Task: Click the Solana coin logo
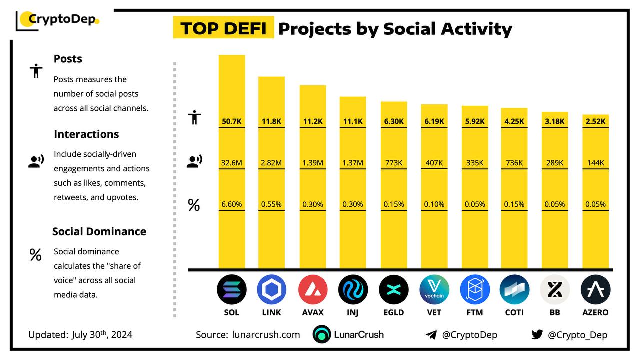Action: (232, 290)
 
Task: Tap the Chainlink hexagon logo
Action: (272, 290)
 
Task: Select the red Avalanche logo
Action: (313, 290)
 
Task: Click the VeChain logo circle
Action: (434, 290)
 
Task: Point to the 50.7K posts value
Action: (232, 121)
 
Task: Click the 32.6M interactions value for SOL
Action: (232, 162)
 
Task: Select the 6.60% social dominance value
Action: (232, 204)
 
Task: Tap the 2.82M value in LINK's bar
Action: (272, 162)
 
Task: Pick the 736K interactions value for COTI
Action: (514, 162)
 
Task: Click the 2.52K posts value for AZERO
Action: (595, 121)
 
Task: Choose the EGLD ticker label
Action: (394, 312)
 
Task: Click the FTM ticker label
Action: (475, 312)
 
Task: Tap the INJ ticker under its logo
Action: (353, 312)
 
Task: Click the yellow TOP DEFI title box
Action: (223, 28)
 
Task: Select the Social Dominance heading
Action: (99, 231)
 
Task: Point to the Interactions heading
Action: (86, 134)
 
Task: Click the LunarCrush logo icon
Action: (322, 335)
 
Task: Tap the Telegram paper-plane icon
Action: (431, 335)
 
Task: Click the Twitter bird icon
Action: (537, 335)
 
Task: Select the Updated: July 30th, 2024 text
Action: (80, 335)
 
